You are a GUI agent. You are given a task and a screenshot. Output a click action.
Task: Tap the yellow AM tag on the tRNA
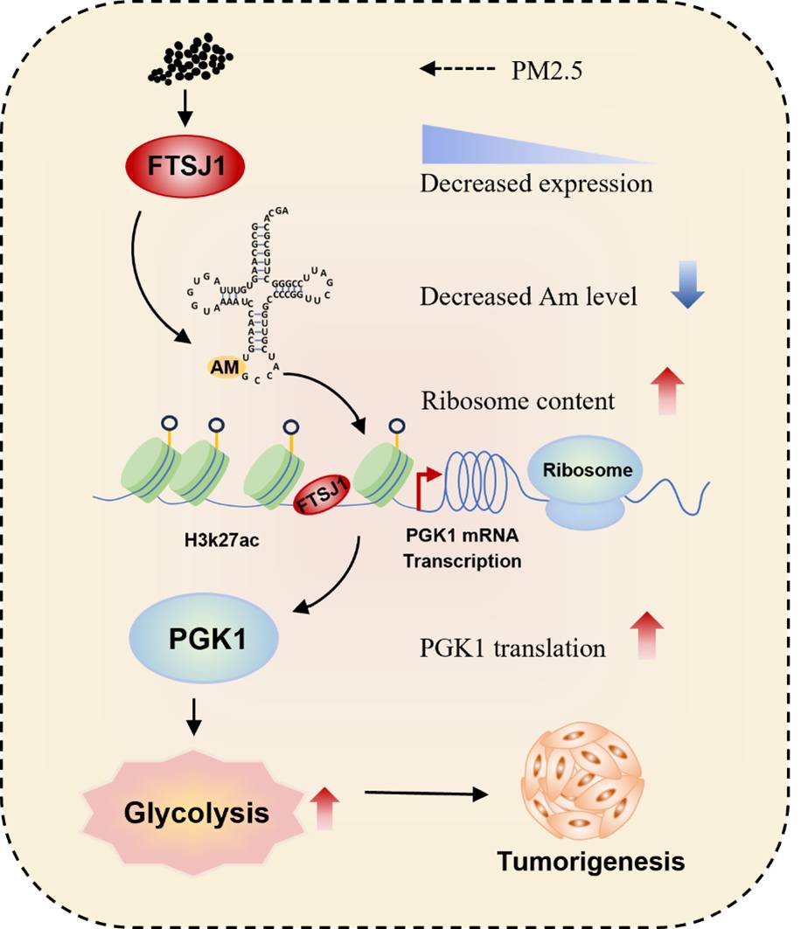224,368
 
